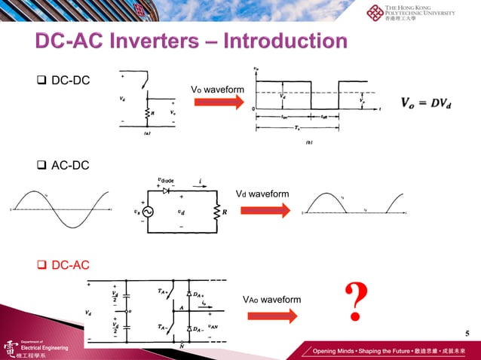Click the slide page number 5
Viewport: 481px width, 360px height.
click(467, 334)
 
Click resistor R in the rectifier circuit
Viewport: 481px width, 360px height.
click(216, 212)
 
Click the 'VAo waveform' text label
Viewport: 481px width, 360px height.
click(271, 300)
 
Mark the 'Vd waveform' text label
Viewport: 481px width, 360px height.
click(262, 194)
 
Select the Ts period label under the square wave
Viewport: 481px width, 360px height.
click(303, 127)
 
